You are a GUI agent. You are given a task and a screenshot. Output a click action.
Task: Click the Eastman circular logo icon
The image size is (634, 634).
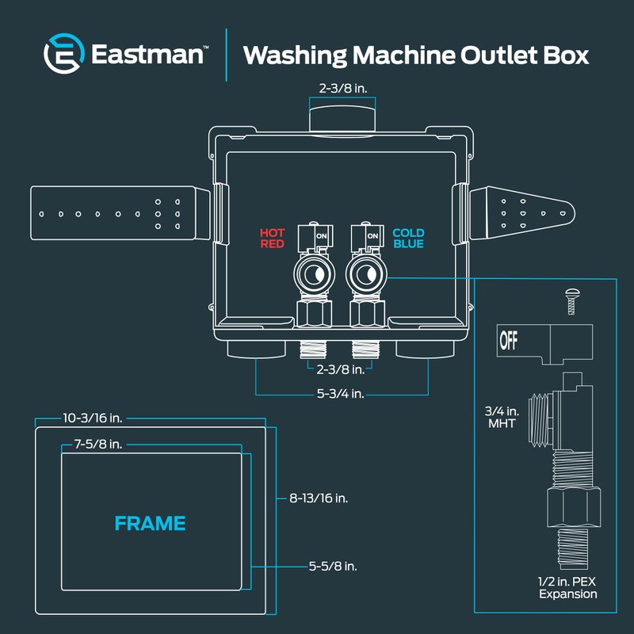[64, 53]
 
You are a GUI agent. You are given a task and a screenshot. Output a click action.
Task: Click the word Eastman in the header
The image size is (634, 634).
[147, 54]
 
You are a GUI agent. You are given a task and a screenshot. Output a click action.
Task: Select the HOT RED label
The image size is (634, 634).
[272, 239]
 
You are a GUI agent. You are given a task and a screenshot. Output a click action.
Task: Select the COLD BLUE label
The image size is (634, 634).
[408, 239]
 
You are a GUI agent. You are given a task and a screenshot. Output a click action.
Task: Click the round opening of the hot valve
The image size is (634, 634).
[314, 275]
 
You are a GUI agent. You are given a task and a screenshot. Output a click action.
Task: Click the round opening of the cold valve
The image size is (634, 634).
[367, 275]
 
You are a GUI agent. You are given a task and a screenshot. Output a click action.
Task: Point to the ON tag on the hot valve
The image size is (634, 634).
[322, 236]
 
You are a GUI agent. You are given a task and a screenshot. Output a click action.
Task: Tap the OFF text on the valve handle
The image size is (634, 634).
[508, 341]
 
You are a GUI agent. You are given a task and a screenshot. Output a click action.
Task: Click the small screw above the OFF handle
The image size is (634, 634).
[571, 301]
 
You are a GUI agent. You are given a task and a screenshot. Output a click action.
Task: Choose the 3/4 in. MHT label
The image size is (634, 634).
[502, 418]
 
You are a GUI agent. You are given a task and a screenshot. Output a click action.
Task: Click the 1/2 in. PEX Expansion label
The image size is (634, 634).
[567, 588]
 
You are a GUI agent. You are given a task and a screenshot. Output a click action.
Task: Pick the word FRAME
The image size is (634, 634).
[150, 523]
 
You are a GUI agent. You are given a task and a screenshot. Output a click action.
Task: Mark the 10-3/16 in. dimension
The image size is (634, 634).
[93, 418]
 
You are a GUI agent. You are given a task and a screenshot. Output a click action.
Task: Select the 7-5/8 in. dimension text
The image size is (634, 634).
[98, 445]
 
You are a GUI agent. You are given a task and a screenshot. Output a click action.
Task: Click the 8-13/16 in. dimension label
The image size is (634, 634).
[319, 498]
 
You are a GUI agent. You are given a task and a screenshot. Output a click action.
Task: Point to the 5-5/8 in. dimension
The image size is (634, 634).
[333, 567]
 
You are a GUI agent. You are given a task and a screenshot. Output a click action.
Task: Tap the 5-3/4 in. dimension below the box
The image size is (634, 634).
[341, 394]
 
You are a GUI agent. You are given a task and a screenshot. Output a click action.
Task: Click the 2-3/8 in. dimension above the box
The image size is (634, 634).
[343, 89]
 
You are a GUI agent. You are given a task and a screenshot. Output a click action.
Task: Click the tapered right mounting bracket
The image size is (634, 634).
[522, 213]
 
